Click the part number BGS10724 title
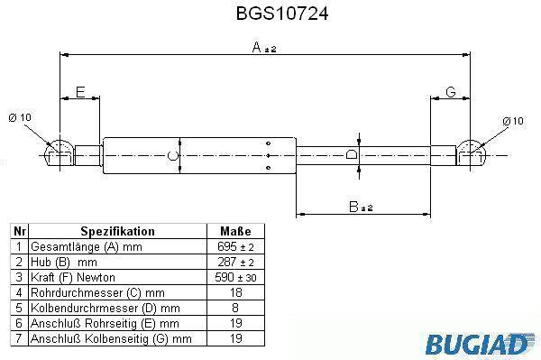282,14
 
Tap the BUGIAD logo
480,343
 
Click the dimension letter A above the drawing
256,47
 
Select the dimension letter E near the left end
80,92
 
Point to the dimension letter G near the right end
451,92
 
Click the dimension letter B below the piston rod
353,207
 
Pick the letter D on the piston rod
351,154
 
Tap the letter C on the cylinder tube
172,155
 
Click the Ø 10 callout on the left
20,117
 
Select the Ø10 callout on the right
513,121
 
